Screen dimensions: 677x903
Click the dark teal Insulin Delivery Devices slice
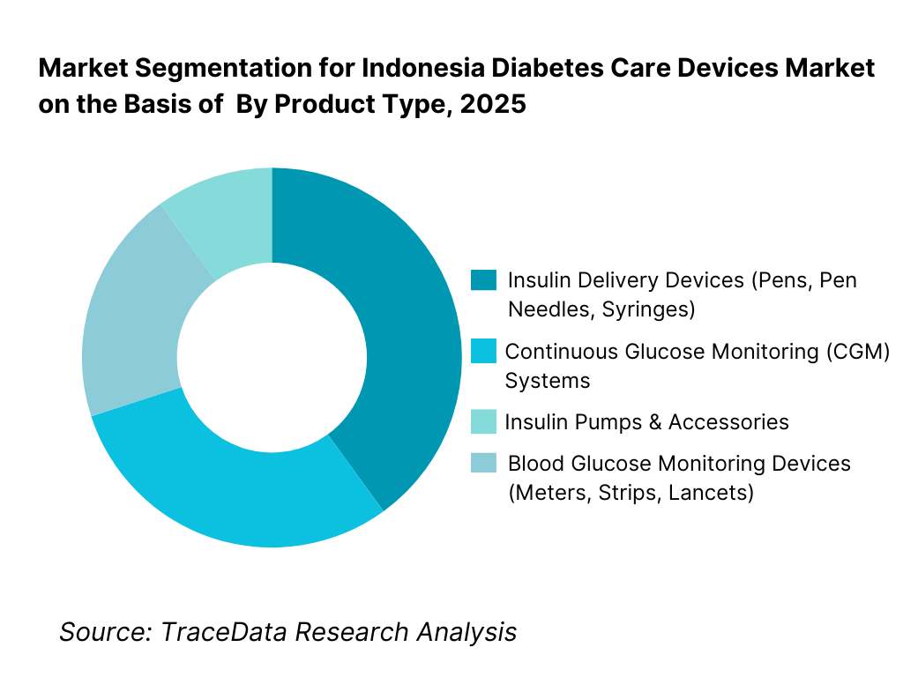coord(406,335)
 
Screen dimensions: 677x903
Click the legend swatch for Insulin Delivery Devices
coord(484,280)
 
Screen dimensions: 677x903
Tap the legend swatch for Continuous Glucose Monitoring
coord(484,352)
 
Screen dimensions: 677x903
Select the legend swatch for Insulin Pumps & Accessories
coord(484,421)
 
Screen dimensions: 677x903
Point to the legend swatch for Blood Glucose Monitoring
coord(484,464)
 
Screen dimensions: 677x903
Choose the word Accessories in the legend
coord(728,422)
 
